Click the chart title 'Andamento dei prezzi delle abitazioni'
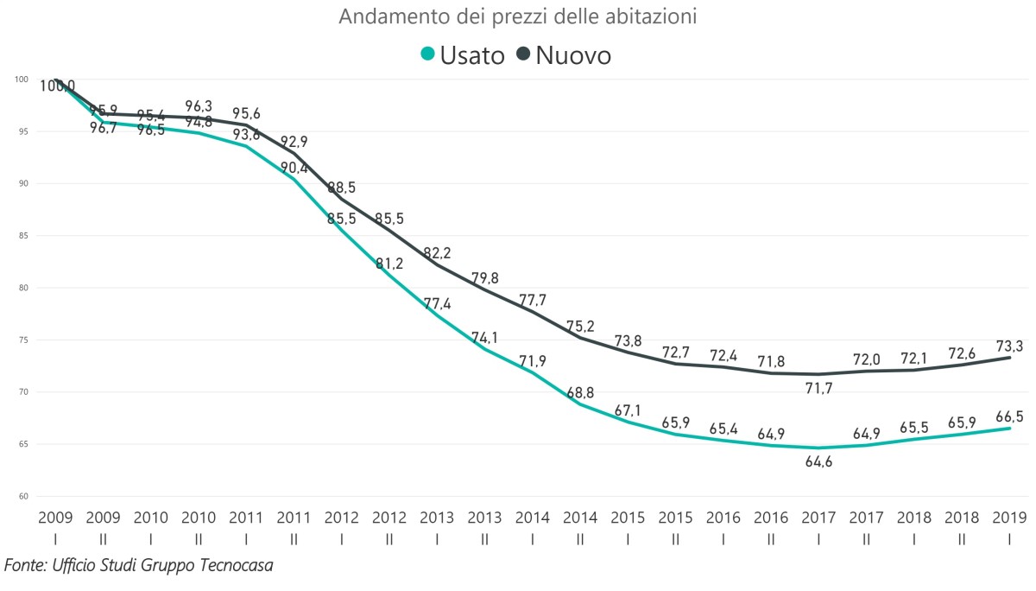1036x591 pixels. tap(517, 16)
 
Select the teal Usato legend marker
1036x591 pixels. tap(426, 54)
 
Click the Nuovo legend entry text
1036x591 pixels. tap(573, 54)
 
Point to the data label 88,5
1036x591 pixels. tap(343, 187)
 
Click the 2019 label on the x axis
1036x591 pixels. tap(1008, 518)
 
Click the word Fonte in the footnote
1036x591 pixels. tap(25, 565)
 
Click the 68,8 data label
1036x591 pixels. tap(580, 393)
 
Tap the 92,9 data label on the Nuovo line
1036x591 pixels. tap(295, 141)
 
